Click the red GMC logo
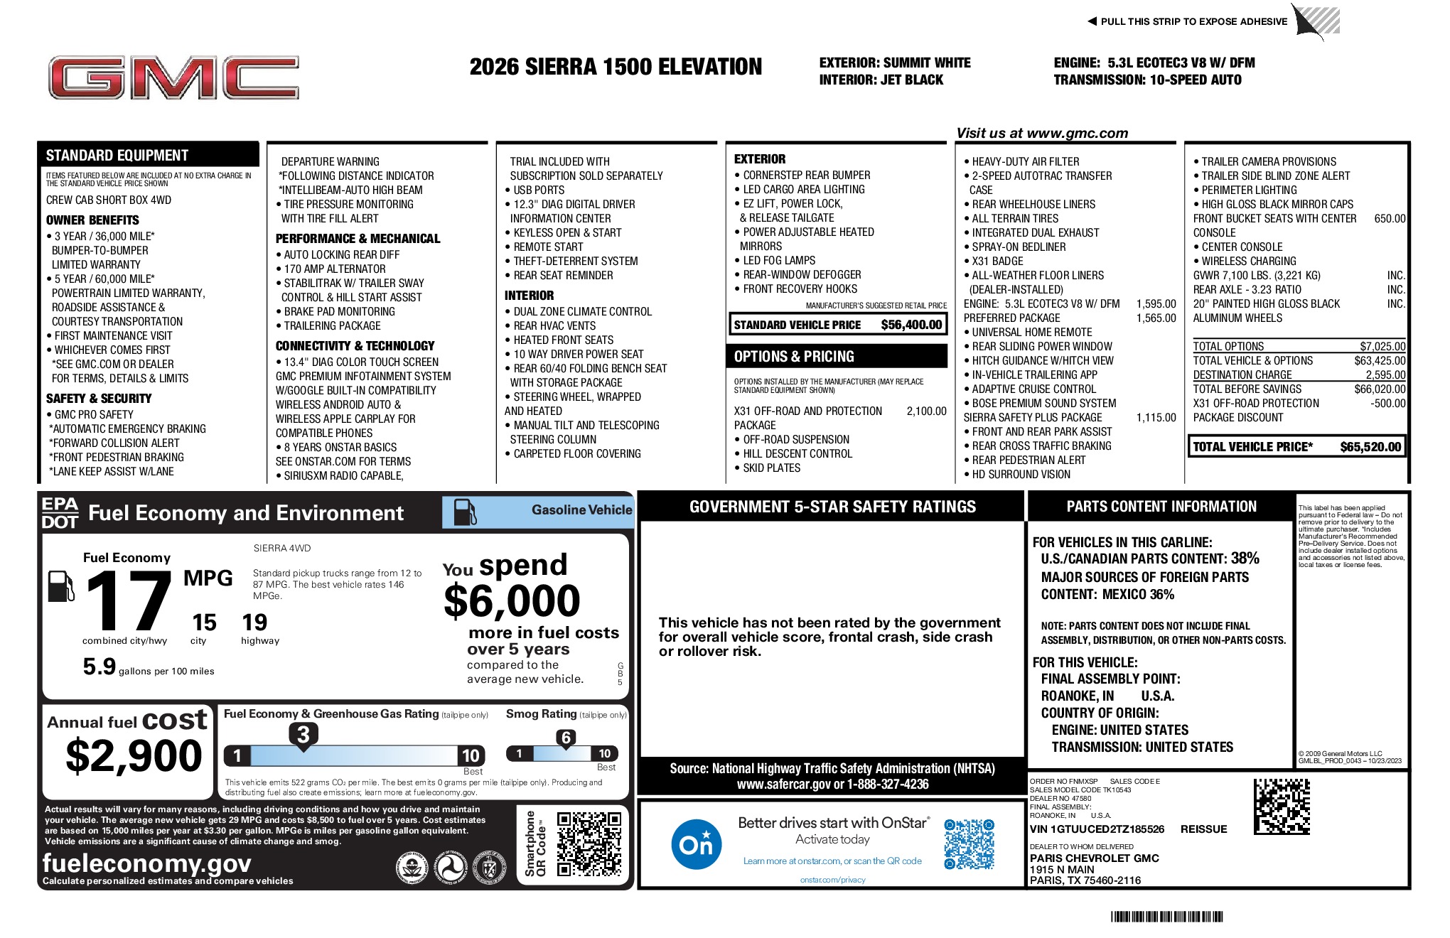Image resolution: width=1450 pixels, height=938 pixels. (173, 77)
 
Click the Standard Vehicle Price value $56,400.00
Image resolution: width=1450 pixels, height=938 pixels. (911, 325)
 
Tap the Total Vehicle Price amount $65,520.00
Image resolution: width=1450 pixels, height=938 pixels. (1370, 447)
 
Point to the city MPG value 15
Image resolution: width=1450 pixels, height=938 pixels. (204, 622)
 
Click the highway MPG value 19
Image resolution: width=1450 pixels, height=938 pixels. (254, 622)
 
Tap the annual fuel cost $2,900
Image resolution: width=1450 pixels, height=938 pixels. (134, 755)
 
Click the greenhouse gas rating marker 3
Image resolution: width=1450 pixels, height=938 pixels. (303, 735)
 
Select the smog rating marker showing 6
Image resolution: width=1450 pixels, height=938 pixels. (566, 738)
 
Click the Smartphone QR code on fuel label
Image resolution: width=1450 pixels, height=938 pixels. (589, 844)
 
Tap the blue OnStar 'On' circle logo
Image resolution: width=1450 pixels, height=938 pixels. (696, 844)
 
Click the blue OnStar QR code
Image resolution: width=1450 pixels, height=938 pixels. (969, 843)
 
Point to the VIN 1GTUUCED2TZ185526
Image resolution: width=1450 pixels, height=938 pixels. (1097, 829)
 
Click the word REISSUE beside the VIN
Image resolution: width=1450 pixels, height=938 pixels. (1203, 829)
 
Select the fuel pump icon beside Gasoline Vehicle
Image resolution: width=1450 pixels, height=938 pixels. (465, 512)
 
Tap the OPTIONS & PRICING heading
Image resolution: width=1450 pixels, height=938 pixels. (794, 357)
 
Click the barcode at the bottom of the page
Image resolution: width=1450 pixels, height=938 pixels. (1166, 917)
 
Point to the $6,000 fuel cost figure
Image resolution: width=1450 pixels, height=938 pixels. (512, 601)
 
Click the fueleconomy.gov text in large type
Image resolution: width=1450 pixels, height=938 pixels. (146, 863)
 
